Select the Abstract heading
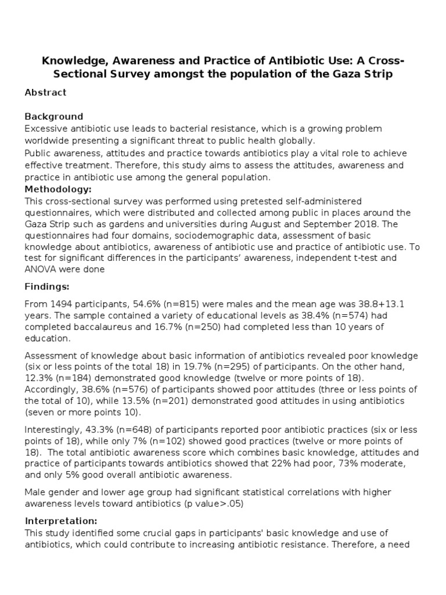(45, 92)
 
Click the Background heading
(54, 117)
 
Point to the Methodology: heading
(58, 189)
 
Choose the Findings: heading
(47, 286)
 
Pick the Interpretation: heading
(61, 521)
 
